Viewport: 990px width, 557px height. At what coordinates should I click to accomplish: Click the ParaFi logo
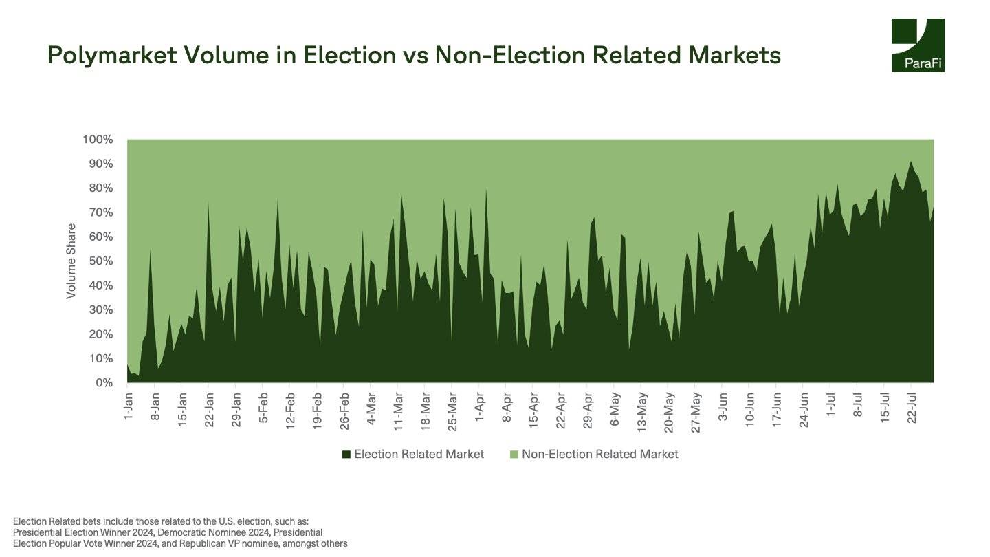click(918, 45)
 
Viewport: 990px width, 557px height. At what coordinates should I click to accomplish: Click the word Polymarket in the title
click(111, 55)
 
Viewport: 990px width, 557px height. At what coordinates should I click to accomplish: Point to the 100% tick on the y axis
click(98, 140)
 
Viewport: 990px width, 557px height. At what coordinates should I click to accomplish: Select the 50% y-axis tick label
click(100, 261)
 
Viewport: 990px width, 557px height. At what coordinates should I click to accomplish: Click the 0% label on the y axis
click(104, 382)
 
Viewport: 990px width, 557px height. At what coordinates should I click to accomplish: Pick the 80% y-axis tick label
click(100, 188)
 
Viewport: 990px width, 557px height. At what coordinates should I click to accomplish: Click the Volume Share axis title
click(71, 261)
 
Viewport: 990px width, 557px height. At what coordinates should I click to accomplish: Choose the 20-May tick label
click(670, 409)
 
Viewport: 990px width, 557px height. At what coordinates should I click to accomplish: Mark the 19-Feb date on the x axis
click(318, 409)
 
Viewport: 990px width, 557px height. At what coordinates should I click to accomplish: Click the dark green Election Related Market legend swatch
click(346, 455)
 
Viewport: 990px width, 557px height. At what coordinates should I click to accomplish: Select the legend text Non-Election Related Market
click(599, 455)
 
